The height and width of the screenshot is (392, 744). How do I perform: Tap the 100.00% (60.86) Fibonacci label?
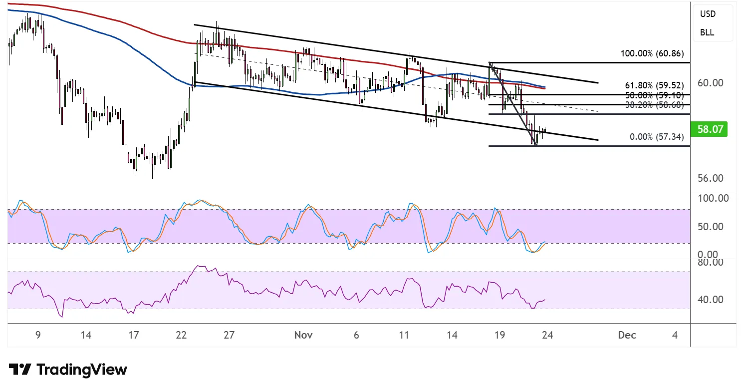pos(652,53)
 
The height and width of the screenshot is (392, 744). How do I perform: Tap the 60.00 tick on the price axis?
pos(710,83)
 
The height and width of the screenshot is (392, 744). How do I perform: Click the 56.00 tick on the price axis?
pos(710,178)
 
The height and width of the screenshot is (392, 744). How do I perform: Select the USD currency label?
pos(708,14)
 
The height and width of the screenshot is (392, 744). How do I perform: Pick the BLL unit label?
pos(707,32)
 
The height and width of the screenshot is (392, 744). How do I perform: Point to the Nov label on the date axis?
pos(303,335)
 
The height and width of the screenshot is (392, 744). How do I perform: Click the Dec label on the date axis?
pos(627,335)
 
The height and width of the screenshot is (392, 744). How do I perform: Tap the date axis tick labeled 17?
pos(133,335)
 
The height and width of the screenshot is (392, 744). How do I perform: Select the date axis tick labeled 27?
pos(229,335)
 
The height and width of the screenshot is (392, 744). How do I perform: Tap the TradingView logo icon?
pos(20,370)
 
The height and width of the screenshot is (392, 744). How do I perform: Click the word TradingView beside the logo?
pos(82,370)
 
